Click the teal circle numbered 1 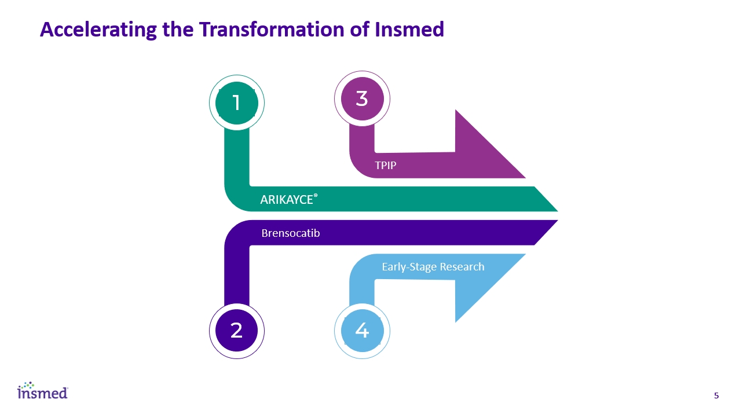pyautogui.click(x=236, y=103)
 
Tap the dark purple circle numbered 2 pyautogui.click(x=236, y=331)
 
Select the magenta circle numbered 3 pyautogui.click(x=362, y=98)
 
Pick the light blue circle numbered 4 pyautogui.click(x=362, y=331)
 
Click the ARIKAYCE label pyautogui.click(x=287, y=200)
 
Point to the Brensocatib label pyautogui.click(x=291, y=233)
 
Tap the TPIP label pyautogui.click(x=385, y=165)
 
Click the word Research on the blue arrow pyautogui.click(x=462, y=267)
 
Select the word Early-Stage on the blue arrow pyautogui.click(x=409, y=267)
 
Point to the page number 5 pyautogui.click(x=716, y=396)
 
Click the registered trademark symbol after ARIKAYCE pyautogui.click(x=316, y=196)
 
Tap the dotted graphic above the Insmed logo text pyautogui.click(x=27, y=385)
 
